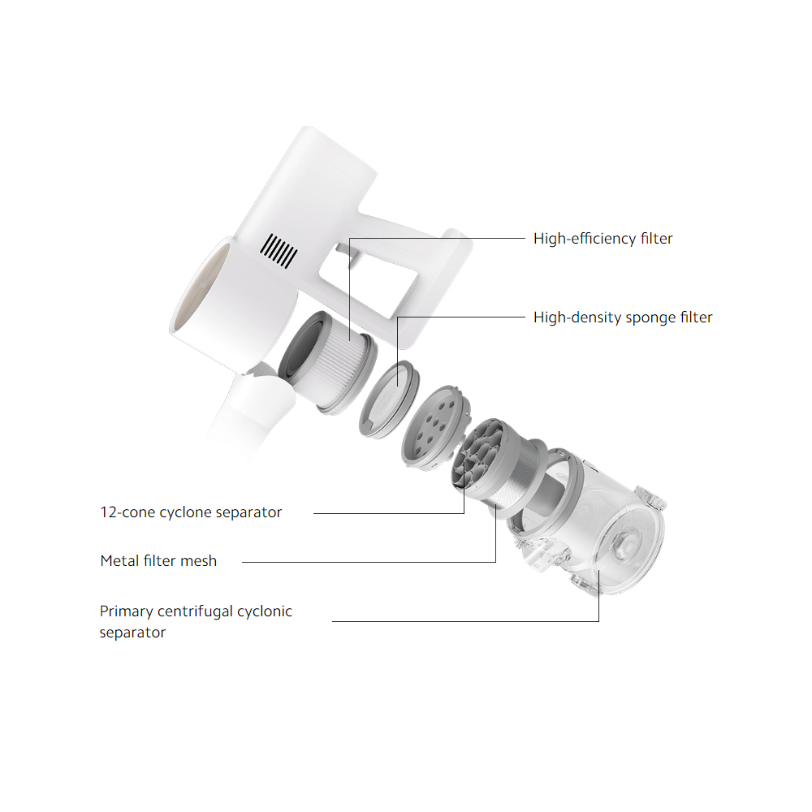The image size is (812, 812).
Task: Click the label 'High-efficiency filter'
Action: click(603, 239)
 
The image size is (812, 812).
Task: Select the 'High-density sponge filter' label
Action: click(623, 317)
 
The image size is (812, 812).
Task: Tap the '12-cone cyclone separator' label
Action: click(191, 512)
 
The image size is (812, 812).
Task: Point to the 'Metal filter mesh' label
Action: click(158, 561)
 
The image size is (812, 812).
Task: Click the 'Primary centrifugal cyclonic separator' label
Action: click(195, 621)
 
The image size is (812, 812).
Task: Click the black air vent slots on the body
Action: click(279, 251)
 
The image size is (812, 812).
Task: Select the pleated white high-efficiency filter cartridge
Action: click(328, 362)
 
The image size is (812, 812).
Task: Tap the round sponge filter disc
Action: click(390, 400)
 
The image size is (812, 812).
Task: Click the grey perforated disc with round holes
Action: click(435, 425)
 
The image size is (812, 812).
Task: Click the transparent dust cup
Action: click(590, 523)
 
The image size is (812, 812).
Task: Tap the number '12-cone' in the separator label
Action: click(127, 512)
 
